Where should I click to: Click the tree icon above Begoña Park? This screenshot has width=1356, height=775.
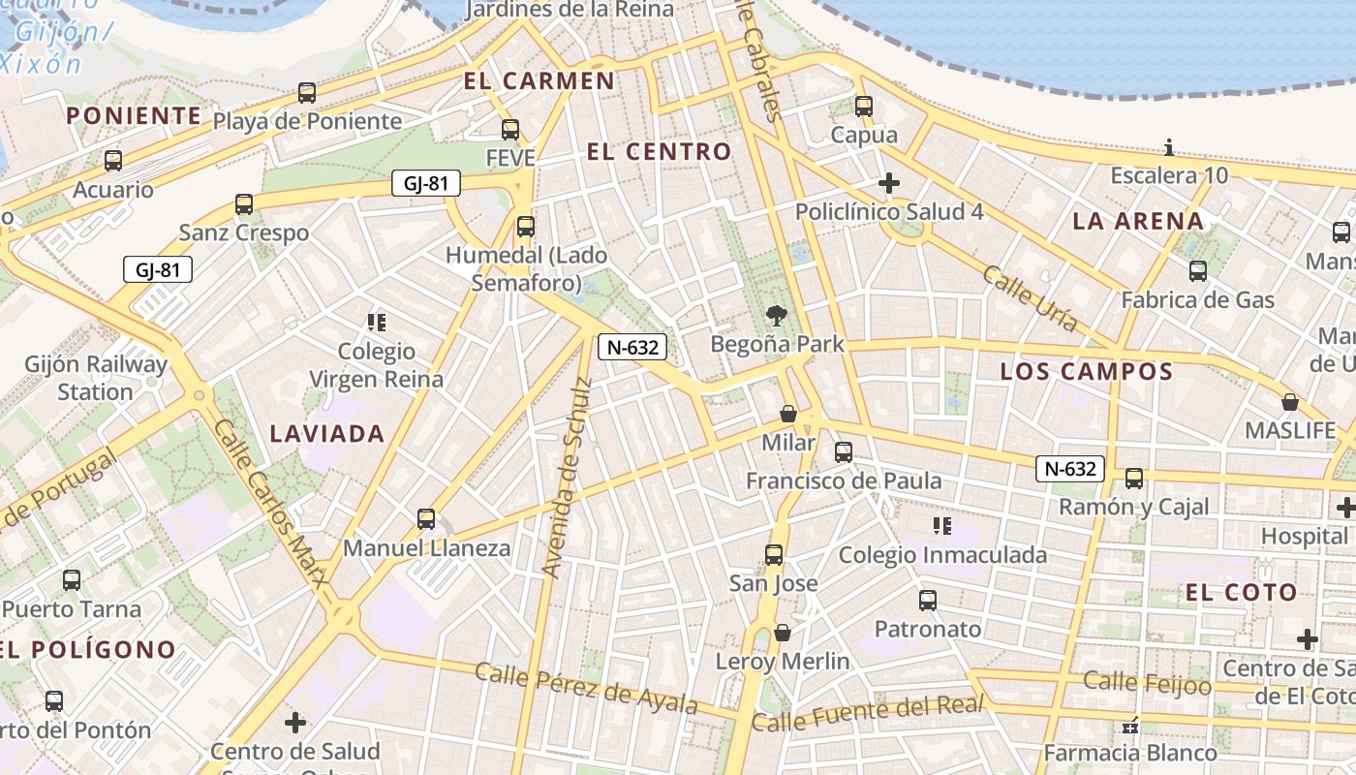775,315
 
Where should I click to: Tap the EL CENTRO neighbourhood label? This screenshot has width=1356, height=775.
659,151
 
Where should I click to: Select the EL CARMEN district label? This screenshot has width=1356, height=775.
539,80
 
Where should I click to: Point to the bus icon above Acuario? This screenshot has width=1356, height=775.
113,161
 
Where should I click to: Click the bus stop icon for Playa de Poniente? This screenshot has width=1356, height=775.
307,93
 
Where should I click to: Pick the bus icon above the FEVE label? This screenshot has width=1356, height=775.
510,129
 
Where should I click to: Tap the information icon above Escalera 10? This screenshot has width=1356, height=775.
1169,148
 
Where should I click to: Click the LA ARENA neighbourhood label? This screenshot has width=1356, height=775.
1138,221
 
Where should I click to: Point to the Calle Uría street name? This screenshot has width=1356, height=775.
1030,298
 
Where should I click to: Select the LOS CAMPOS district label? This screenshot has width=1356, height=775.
1087,371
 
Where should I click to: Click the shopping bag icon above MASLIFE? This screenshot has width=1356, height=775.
1290,402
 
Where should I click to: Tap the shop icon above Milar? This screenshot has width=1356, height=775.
788,415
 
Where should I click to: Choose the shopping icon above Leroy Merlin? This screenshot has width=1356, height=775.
783,634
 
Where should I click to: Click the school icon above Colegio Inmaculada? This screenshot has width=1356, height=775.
942,526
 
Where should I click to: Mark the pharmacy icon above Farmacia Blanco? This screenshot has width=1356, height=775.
1130,725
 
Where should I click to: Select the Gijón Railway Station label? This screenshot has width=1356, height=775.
96,379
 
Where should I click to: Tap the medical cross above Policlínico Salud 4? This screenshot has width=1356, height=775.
889,183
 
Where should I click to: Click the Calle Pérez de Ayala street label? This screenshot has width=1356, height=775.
586,687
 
